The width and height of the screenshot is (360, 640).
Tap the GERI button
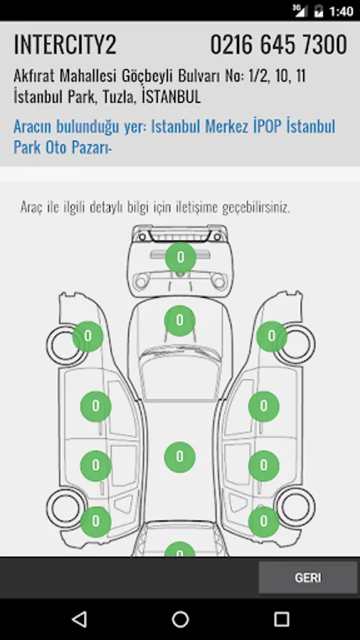[x=308, y=577]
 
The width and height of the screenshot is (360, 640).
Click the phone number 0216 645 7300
[x=279, y=45]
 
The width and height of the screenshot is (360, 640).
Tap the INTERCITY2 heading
[x=65, y=45]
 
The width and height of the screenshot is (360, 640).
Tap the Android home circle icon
[x=180, y=619]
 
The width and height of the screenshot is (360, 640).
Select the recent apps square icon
[x=281, y=619]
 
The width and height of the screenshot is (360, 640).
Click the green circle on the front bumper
[x=181, y=257]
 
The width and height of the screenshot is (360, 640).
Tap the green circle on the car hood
[x=179, y=321]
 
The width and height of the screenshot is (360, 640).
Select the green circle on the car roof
[x=179, y=457]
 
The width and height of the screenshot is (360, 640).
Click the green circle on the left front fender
[x=88, y=336]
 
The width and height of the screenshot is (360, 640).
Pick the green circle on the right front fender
[x=272, y=336]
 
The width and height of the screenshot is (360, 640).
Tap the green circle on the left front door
[x=95, y=407]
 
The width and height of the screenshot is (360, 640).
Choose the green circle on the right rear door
[x=264, y=466]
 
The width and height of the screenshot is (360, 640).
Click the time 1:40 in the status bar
[x=342, y=11]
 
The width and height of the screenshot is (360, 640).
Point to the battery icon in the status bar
[x=318, y=11]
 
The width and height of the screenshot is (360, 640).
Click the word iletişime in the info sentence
[x=197, y=208]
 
